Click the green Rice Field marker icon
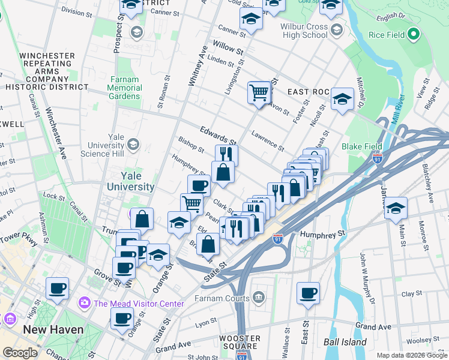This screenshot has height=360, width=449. coord(412,35)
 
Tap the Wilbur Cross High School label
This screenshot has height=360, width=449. coord(304,31)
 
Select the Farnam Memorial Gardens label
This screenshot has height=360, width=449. coord(125,88)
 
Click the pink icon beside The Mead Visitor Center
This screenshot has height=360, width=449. coord(83,303)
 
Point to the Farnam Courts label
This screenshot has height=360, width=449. coord(224,298)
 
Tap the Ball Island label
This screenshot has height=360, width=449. coord(345,343)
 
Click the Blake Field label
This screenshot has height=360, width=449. coord(362,146)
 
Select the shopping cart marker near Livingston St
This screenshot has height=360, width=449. coord(259,94)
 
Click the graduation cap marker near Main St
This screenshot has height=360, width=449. coord(396,208)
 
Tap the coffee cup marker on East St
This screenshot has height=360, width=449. coord(308,293)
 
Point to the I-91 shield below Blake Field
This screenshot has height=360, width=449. coord(378,160)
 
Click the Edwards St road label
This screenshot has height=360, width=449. coord(215,137)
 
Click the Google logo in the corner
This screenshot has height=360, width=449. coord(20,353)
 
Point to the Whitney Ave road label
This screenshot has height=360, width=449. coord(197,69)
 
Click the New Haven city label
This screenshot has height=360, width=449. coord(53,329)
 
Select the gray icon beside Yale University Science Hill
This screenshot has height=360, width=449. coord(133,144)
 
